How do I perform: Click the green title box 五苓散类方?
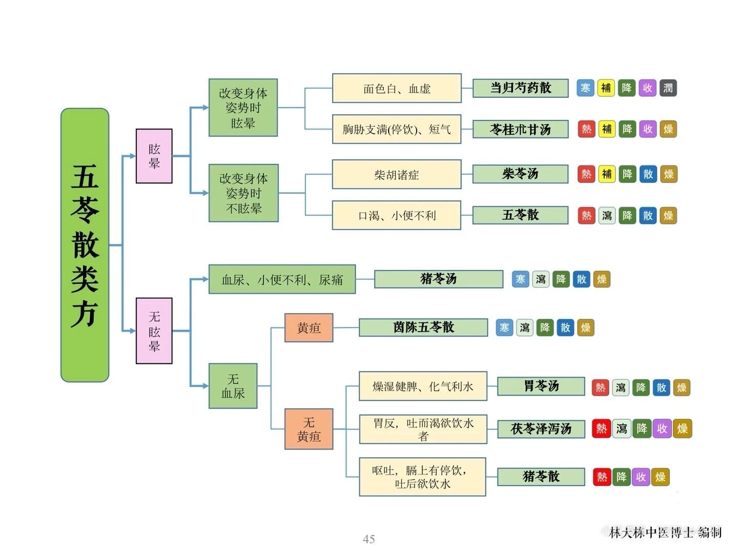point(85,245)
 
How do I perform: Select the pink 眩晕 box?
point(154,156)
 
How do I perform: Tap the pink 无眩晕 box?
point(154,331)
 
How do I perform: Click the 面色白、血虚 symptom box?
point(396,88)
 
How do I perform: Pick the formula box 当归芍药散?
point(520,88)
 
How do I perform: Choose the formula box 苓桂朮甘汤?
point(520,129)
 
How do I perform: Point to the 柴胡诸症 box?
point(396,175)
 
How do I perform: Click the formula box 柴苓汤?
point(520,174)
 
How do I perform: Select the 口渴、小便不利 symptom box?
point(396,215)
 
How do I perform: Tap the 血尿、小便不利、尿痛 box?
point(282,279)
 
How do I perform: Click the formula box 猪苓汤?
point(438,279)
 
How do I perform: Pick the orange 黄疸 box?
point(309,327)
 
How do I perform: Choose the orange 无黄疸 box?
point(309,429)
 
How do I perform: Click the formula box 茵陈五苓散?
point(423,327)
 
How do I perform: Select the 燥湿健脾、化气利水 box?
point(422,386)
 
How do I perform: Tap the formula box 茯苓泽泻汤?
point(541,428)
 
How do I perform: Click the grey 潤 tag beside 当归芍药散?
point(668,88)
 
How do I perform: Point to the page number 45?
point(368,539)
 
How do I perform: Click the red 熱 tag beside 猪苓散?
point(602,477)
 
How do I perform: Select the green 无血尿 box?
point(233,386)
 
